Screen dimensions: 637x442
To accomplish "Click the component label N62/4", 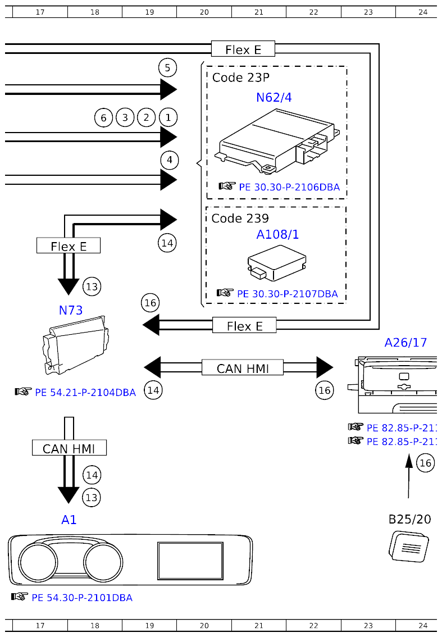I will point(274,98).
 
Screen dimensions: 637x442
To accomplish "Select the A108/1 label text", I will point(277,235).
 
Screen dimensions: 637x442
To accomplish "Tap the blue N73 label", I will point(71,310).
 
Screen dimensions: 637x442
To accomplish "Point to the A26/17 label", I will point(405,342).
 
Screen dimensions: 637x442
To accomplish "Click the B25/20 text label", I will point(409,519).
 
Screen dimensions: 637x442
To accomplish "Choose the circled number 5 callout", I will point(167,69).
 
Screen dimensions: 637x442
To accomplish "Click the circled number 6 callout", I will point(103,118).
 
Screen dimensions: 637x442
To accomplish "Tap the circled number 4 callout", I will point(169,160).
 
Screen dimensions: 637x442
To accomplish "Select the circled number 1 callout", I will point(168,117).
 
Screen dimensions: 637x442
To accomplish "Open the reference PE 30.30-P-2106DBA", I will point(289,187).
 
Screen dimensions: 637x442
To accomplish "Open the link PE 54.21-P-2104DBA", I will point(85,393).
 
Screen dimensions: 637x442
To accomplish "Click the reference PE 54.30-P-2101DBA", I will point(82,598).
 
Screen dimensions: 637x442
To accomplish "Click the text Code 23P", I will point(240,78).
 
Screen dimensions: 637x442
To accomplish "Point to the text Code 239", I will point(240,218).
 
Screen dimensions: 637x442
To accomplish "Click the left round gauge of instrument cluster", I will point(38,561).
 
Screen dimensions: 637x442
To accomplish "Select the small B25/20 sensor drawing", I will point(409,547).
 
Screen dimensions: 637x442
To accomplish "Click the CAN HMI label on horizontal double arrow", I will point(243,368).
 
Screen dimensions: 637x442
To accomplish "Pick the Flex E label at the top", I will point(243,49).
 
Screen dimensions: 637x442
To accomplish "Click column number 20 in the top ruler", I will point(204,12).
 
